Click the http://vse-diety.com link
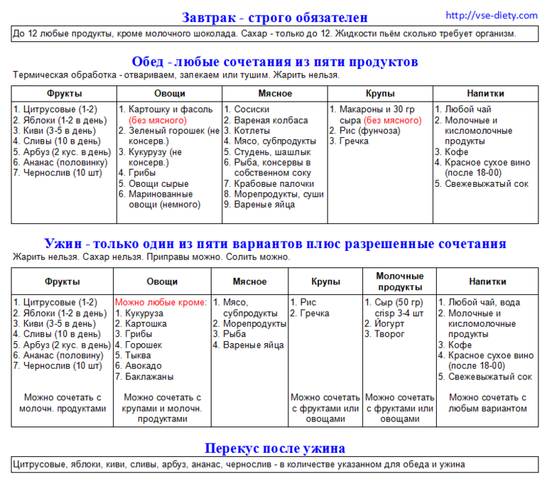(x=492, y=15)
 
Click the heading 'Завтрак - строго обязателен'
(x=274, y=17)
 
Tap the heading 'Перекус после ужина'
(x=275, y=448)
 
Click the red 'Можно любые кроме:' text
(x=161, y=302)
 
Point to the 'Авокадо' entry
(x=143, y=366)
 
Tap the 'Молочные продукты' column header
(x=399, y=281)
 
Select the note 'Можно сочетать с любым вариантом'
(x=488, y=403)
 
